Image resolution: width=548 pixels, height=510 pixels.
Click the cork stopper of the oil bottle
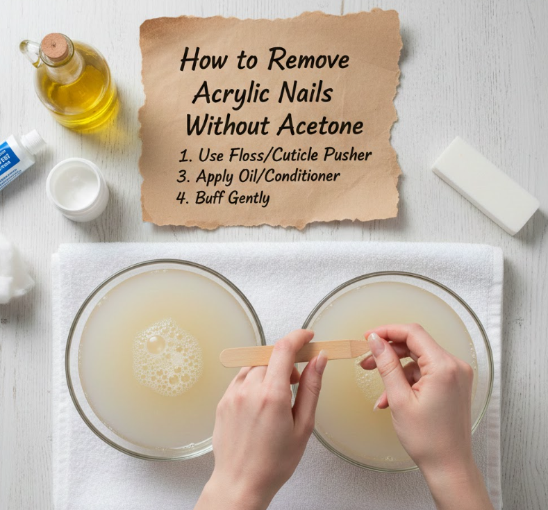point(54,46)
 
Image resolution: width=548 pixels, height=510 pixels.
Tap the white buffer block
point(485,185)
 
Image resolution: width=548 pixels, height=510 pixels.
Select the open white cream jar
point(77,189)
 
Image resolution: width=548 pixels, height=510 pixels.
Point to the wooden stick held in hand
point(294,354)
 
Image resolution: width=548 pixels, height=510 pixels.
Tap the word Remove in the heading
point(308,60)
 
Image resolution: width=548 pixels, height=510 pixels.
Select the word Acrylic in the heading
point(231,93)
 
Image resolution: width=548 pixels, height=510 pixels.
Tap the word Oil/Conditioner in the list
point(289,176)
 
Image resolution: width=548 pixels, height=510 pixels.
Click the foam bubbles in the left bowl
point(167,357)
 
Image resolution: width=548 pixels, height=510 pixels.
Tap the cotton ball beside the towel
point(14,268)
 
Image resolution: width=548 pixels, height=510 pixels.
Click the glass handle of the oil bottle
point(30,51)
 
